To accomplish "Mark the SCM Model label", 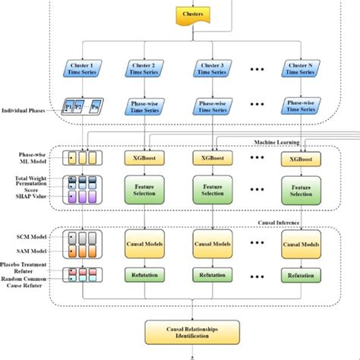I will [x=37, y=237].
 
